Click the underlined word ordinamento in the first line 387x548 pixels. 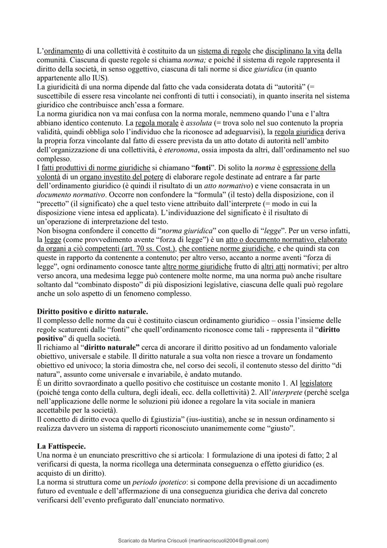[x=64, y=51]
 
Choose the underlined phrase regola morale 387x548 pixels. [x=157, y=123]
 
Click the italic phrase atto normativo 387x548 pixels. [x=226, y=186]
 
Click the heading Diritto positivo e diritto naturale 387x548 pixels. [x=92, y=311]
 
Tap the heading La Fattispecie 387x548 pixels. [x=61, y=446]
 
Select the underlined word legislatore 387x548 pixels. [x=316, y=383]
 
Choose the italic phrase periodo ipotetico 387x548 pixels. [x=159, y=482]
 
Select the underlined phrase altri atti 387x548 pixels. [x=274, y=266]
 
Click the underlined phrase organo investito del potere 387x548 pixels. [x=121, y=177]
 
